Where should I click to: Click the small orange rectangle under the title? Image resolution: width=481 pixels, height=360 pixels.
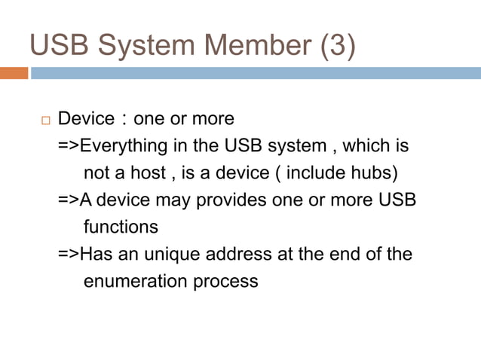click(14, 73)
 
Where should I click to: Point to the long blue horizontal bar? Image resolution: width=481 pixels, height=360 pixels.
click(256, 73)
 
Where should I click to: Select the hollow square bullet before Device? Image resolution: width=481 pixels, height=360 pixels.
click(43, 121)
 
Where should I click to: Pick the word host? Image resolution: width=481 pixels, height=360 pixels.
click(147, 172)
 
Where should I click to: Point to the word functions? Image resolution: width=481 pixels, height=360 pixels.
click(121, 227)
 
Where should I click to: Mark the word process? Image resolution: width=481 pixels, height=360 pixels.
click(226, 282)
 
